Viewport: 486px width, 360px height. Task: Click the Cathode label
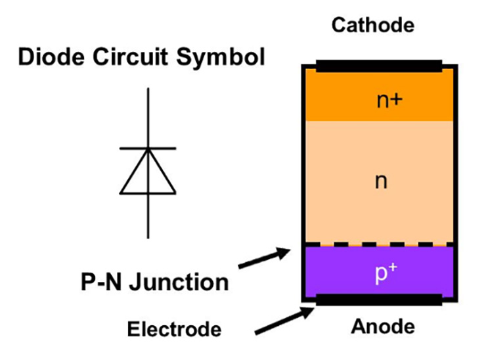click(x=372, y=26)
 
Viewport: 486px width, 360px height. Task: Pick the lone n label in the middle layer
click(x=379, y=182)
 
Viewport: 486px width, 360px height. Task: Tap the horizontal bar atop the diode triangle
click(x=148, y=148)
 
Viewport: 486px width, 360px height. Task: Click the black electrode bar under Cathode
click(x=379, y=66)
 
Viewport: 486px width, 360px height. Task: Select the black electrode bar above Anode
click(x=379, y=300)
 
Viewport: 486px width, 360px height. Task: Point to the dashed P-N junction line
click(x=379, y=244)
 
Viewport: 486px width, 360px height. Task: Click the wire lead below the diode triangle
click(x=148, y=216)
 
